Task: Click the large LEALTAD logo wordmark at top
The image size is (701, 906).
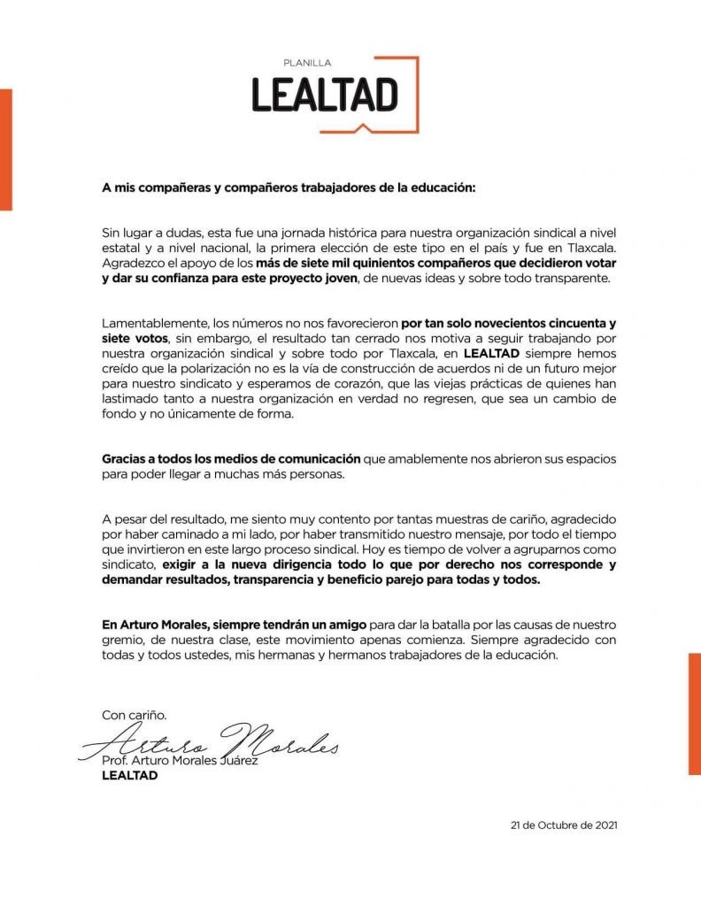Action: tap(325, 95)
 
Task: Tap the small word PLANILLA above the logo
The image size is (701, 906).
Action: tap(306, 64)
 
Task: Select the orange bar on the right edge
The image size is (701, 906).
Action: tap(694, 713)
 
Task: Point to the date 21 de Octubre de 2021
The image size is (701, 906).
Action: tap(564, 825)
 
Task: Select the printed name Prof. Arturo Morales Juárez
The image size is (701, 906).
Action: tap(180, 761)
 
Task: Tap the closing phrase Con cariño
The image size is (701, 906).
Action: tap(134, 714)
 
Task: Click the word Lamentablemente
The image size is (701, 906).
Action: tap(157, 323)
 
